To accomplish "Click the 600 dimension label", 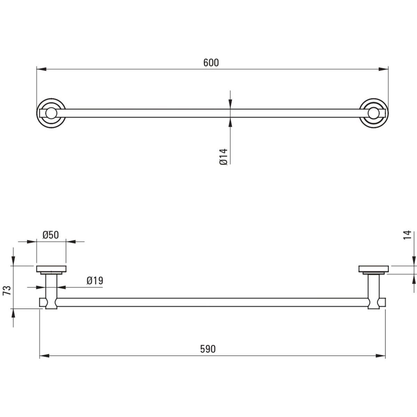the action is click(x=211, y=63).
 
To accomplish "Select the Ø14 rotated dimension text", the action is click(x=224, y=157).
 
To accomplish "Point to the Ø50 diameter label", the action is click(x=51, y=235).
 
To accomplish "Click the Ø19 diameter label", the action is click(x=95, y=281).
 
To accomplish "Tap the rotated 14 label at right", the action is click(x=407, y=235).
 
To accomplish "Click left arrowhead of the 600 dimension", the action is click(x=41, y=69).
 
